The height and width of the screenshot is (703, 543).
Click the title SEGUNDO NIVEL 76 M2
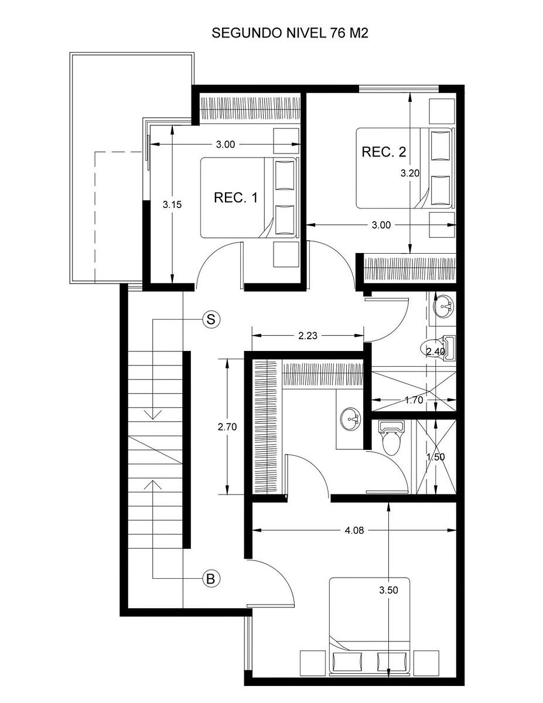[290, 33]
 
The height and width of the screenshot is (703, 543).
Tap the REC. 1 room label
[235, 197]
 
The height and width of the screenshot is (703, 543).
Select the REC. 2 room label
[384, 152]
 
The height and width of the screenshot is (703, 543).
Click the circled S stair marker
[211, 320]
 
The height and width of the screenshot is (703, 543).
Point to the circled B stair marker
[211, 578]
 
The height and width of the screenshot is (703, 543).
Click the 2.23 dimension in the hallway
[308, 336]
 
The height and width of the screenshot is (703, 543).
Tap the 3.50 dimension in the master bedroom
[388, 590]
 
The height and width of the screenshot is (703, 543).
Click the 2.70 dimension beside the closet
[227, 427]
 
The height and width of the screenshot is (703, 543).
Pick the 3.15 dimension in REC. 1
[172, 204]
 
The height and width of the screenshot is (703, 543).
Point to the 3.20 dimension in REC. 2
[410, 173]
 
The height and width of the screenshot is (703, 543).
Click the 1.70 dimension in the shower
[414, 400]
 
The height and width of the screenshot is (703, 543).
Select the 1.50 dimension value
[436, 457]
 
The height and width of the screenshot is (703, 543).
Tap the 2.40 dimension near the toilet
[436, 351]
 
